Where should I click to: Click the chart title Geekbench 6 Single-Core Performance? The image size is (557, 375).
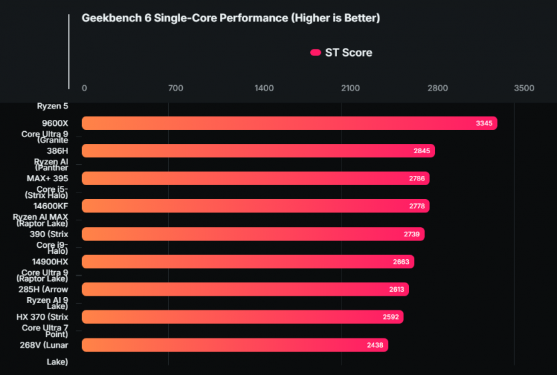230,18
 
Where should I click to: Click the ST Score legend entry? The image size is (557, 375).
342,53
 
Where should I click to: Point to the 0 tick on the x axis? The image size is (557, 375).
84,89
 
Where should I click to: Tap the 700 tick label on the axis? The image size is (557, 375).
175,89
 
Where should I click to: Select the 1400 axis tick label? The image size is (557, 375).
264,89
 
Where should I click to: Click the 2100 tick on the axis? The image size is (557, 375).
350,89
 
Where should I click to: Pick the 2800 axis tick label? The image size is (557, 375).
438,89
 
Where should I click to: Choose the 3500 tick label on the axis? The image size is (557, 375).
524,89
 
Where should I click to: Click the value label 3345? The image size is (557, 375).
484,123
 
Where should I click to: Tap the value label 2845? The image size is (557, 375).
422,151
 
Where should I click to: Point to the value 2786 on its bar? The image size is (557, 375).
416,179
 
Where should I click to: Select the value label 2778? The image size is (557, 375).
417,206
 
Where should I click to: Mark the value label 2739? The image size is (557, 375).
412,234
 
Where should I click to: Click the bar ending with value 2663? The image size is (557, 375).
247,262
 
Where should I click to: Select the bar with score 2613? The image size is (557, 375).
244,289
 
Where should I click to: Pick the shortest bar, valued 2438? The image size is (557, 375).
234,344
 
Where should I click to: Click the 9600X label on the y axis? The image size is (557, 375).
55,123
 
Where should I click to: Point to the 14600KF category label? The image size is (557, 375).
51,206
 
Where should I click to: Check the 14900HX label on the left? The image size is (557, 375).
51,262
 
